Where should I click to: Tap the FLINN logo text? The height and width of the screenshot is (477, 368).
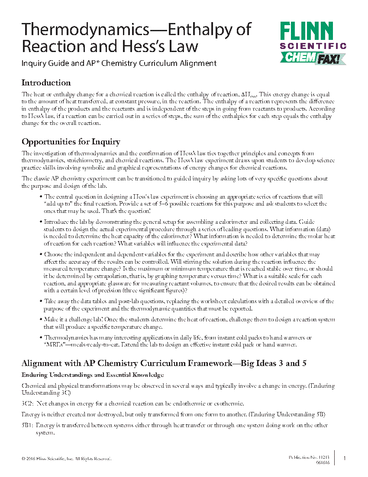coord(307,31)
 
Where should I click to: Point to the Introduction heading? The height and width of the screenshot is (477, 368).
coord(46,83)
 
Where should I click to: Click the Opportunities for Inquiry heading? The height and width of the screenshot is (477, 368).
coord(71,142)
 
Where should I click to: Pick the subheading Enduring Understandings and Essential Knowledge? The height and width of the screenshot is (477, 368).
coord(93,375)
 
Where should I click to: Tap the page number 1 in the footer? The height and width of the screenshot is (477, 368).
coord(345,458)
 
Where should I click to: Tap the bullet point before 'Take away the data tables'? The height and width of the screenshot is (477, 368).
coord(41,301)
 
